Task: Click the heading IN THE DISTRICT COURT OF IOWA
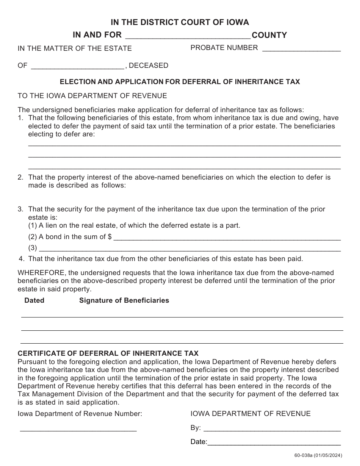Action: pos(180,22)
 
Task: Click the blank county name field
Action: pos(188,36)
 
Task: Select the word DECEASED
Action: pos(149,66)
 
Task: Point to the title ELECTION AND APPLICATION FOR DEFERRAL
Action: pos(180,82)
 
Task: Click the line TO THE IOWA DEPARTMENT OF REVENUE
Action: pos(92,95)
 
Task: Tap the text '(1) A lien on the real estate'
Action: pos(134,225)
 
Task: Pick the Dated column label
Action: pos(34,300)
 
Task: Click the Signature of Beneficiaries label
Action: pos(124,300)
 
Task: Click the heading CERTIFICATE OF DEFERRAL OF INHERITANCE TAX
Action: pos(108,353)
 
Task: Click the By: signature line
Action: pos(272,429)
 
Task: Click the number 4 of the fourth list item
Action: pos(21,259)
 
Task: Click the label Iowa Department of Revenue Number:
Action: pos(80,414)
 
